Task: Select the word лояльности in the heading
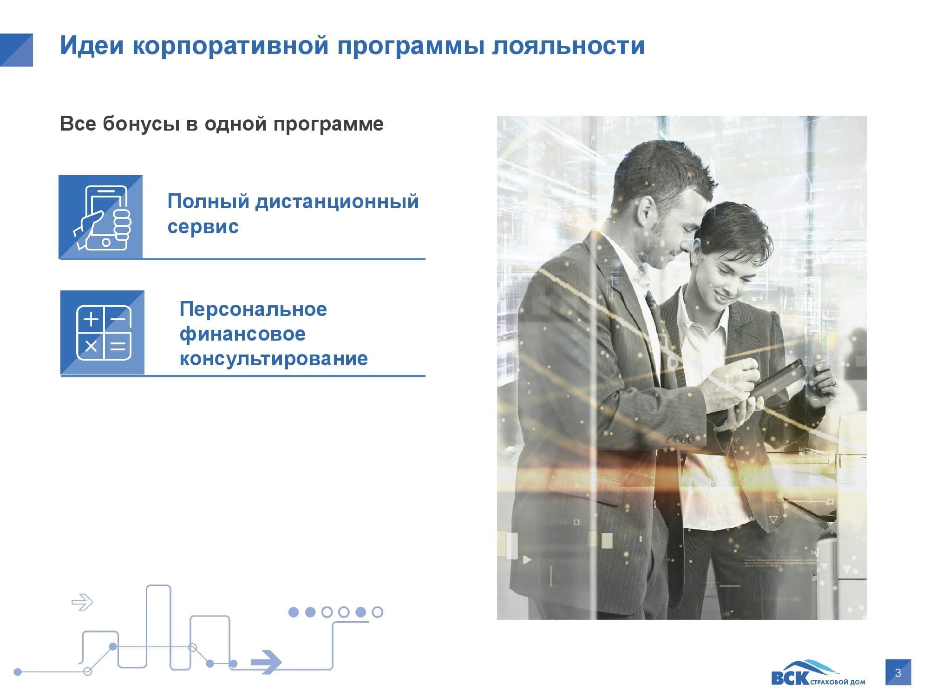tap(569, 46)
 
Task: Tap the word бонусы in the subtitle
tap(141, 125)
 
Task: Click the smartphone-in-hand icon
tap(103, 218)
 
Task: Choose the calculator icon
tap(104, 333)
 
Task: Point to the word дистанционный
tap(337, 202)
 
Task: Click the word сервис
tap(203, 227)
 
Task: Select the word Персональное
tap(253, 309)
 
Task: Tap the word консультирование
tap(274, 359)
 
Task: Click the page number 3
tap(898, 672)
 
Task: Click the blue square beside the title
tap(16, 50)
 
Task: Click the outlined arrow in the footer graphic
tap(82, 602)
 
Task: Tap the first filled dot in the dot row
tap(294, 612)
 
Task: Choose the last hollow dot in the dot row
tap(378, 612)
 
